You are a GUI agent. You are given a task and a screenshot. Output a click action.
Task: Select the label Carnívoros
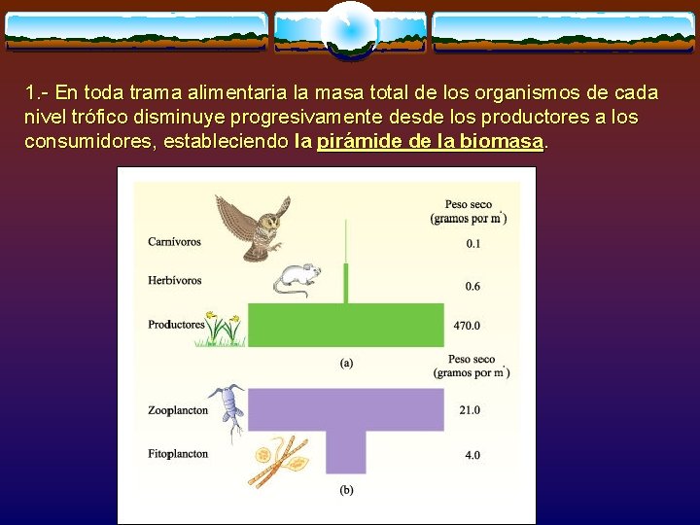click(x=174, y=241)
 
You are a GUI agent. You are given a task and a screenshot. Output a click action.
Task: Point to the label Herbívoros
click(x=174, y=280)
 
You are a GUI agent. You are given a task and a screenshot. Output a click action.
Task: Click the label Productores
click(x=176, y=325)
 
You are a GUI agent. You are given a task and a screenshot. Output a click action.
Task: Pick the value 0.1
click(x=472, y=243)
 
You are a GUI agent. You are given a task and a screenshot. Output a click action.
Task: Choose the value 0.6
click(x=472, y=286)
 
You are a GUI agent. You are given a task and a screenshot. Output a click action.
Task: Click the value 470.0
click(x=468, y=326)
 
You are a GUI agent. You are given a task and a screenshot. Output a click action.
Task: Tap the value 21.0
click(x=470, y=410)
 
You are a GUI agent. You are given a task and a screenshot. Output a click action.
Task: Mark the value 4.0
click(x=472, y=454)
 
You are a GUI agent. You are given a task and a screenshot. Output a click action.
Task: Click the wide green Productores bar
click(x=346, y=324)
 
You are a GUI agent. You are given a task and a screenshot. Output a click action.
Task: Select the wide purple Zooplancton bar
click(x=346, y=409)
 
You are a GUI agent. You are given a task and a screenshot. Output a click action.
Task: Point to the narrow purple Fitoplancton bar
click(x=346, y=452)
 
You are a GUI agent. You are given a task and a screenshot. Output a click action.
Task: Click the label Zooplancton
click(x=178, y=410)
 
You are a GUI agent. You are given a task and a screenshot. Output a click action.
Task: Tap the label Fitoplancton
click(x=178, y=454)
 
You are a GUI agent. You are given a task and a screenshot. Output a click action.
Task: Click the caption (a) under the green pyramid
click(x=346, y=363)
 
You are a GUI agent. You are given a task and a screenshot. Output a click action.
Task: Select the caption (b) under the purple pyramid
click(x=346, y=490)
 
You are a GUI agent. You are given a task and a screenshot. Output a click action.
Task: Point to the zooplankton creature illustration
click(x=231, y=408)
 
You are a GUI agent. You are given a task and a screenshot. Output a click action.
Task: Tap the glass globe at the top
click(x=349, y=30)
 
